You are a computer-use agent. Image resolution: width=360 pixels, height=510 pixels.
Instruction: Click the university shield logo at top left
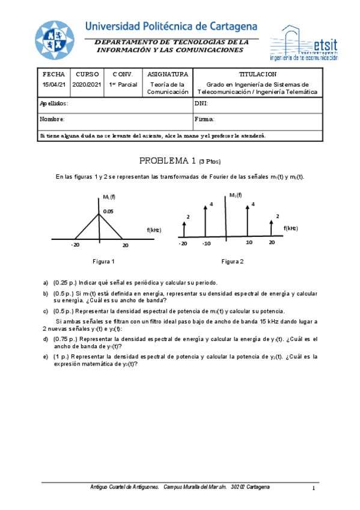pyautogui.click(x=53, y=41)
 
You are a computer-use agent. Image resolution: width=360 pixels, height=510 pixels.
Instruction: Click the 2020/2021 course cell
pyautogui.click(x=88, y=85)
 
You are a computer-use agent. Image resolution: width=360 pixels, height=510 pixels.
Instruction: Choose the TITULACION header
pyautogui.click(x=257, y=74)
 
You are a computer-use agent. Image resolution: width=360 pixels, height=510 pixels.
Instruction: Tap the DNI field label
pyautogui.click(x=201, y=103)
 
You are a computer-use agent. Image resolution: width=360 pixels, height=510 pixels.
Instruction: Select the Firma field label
pyautogui.click(x=205, y=119)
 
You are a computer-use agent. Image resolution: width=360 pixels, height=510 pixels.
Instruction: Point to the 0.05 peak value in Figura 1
pyautogui.click(x=108, y=211)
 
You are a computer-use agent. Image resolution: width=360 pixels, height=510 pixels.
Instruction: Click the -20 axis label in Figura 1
pyautogui.click(x=75, y=245)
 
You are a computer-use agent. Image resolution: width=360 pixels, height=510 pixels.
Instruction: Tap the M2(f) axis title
pyautogui.click(x=236, y=195)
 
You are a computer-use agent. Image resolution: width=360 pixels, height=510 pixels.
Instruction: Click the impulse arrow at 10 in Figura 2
pyautogui.click(x=247, y=221)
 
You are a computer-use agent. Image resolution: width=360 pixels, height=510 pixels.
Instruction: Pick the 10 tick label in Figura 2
pyautogui.click(x=249, y=242)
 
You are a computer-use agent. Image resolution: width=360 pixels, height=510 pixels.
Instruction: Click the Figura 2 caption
pyautogui.click(x=232, y=262)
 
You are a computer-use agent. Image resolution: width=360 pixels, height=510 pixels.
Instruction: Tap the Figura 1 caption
pyautogui.click(x=103, y=262)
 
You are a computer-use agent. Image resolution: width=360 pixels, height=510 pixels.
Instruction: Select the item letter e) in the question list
pyautogui.click(x=46, y=357)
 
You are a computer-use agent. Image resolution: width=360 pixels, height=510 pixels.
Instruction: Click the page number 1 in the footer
pyautogui.click(x=313, y=488)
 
